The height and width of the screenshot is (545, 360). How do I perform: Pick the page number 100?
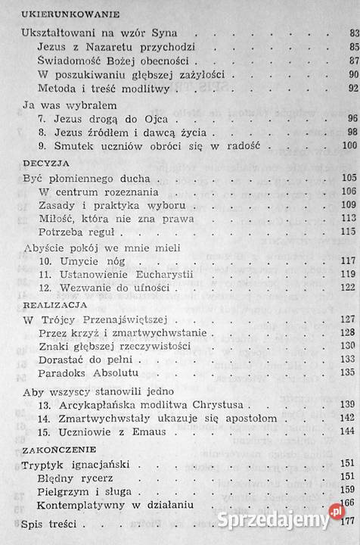[348, 145]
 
